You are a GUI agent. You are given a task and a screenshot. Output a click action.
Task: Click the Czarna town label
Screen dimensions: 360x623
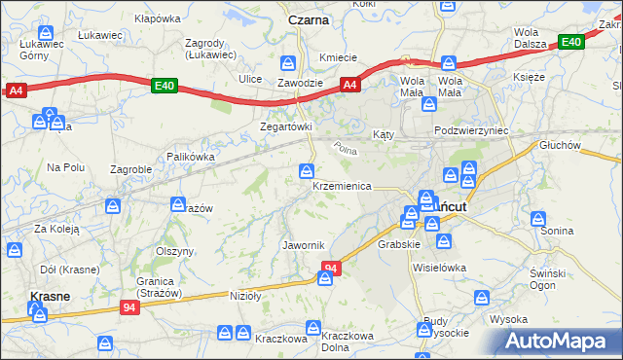[309, 18]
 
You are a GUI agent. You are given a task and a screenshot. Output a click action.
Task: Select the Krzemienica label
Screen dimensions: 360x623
[342, 185]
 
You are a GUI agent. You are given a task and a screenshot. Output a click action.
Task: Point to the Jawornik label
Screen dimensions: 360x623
[303, 244]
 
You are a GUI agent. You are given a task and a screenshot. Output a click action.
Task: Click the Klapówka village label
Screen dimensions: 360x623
[158, 18]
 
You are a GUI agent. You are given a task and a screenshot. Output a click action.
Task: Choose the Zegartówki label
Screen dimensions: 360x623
[285, 126]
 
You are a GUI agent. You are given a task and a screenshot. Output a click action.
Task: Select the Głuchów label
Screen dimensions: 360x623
[560, 145]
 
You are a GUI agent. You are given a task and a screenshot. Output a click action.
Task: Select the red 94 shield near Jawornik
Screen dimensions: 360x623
[332, 268]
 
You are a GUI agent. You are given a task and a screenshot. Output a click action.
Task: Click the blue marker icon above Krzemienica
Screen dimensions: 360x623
[306, 171]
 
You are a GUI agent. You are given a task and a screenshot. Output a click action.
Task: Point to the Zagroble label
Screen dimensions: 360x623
[130, 168]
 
